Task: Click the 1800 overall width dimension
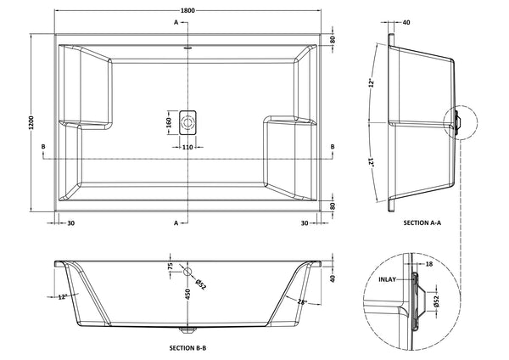click(x=187, y=10)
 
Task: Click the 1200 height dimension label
click(x=31, y=122)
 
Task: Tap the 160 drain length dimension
click(x=169, y=123)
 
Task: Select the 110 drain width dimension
click(x=187, y=147)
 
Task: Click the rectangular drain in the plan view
click(x=187, y=123)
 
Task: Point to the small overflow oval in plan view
click(x=187, y=48)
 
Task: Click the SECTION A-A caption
click(x=422, y=223)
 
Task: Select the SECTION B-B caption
click(x=187, y=348)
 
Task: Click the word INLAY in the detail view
click(x=388, y=279)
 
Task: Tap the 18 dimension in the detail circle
click(x=428, y=264)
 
